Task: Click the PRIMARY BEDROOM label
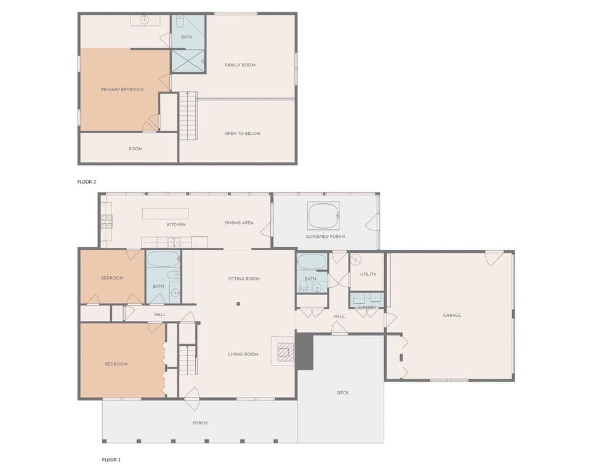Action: pyautogui.click(x=122, y=89)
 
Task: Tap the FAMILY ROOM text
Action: pyautogui.click(x=240, y=65)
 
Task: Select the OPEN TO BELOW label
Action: pyautogui.click(x=243, y=133)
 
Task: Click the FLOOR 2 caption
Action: pyautogui.click(x=87, y=182)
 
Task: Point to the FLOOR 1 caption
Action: pyautogui.click(x=111, y=459)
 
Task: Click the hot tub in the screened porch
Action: pyautogui.click(x=323, y=216)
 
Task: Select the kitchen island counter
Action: pyautogui.click(x=165, y=213)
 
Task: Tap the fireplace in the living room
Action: pyautogui.click(x=283, y=352)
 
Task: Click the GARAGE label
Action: pyautogui.click(x=452, y=315)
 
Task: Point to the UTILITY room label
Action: pyautogui.click(x=368, y=274)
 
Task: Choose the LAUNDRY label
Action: pyautogui.click(x=366, y=307)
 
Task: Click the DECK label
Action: pyautogui.click(x=343, y=393)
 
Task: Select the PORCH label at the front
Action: pyautogui.click(x=200, y=423)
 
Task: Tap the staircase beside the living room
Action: pyautogui.click(x=187, y=360)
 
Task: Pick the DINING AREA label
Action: pyautogui.click(x=239, y=222)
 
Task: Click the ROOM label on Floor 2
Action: pyautogui.click(x=135, y=149)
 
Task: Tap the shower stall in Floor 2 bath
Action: pyautogui.click(x=188, y=61)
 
